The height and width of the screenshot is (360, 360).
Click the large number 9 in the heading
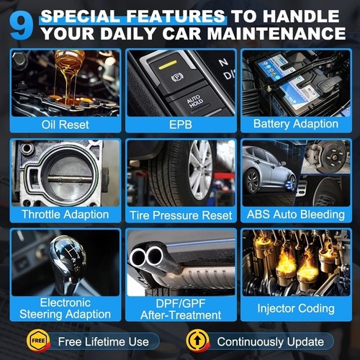(x=22, y=25)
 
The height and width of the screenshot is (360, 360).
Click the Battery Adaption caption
(x=294, y=123)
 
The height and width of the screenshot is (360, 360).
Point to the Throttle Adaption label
(x=66, y=215)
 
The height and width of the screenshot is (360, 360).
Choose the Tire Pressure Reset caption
(x=180, y=215)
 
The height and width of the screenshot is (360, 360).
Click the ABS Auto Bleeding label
(x=294, y=215)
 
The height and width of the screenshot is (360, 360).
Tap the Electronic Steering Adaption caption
(x=66, y=308)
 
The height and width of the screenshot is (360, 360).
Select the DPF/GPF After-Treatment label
(x=180, y=309)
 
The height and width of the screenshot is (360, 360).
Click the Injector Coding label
(x=295, y=308)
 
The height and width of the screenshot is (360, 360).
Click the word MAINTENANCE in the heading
(x=273, y=33)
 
